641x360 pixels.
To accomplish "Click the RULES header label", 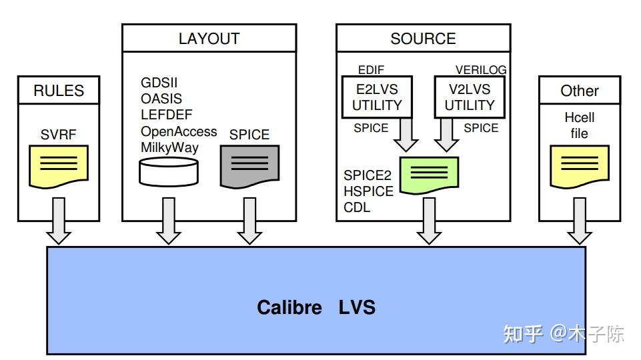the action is tap(59, 90).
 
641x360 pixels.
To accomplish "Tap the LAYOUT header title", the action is tap(209, 39).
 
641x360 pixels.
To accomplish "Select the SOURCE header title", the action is tap(423, 39).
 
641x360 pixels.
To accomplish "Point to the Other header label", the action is tap(579, 90).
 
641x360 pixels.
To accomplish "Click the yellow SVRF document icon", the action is tap(59, 166).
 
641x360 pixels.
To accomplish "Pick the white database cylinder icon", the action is tap(169, 172).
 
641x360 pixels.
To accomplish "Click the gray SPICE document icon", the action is tap(249, 166).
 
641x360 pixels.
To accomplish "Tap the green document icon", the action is tap(429, 175).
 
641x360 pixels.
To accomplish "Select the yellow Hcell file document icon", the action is tap(579, 166).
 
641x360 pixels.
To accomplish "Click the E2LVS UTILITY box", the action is tap(377, 97).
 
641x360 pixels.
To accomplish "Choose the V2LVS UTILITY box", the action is tap(470, 97).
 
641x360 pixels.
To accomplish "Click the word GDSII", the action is tap(159, 83).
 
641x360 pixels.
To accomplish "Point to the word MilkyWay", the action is tap(169, 147).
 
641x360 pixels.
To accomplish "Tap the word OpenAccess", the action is tap(179, 131).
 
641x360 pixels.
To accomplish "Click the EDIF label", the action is tap(371, 70).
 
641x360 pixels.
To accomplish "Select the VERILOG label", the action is tap(481, 70).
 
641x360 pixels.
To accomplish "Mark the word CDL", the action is tap(357, 207).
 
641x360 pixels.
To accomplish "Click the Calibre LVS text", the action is tap(316, 307).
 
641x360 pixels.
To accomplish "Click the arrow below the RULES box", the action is tap(59, 221).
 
